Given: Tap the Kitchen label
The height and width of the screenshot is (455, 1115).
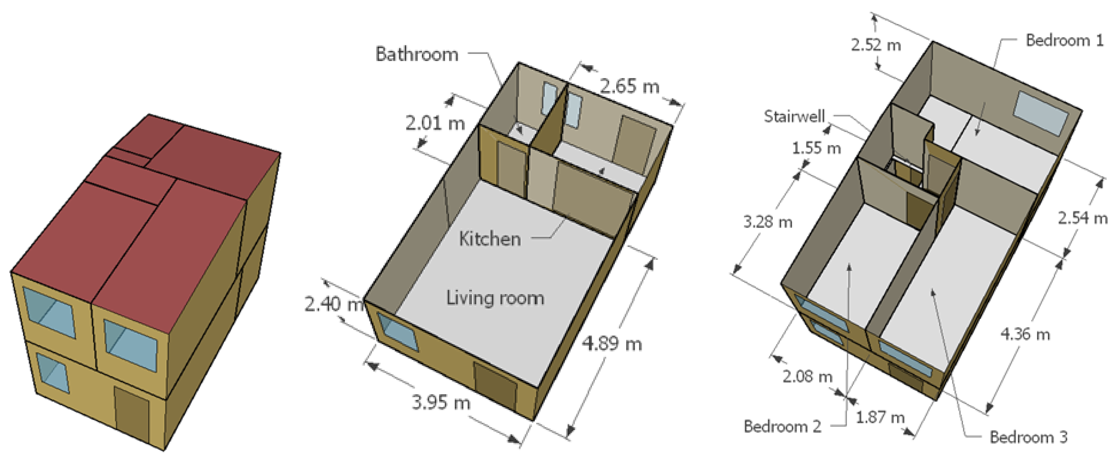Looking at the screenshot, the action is [490, 239].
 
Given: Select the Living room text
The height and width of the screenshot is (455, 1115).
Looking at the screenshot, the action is [495, 298].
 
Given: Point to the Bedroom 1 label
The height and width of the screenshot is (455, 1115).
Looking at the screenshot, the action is [1064, 40].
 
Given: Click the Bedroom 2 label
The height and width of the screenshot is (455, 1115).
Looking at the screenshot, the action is [782, 427].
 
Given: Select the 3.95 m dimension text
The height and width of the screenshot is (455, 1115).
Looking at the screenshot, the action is [441, 402].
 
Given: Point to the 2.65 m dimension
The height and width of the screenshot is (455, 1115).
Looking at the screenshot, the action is [629, 86].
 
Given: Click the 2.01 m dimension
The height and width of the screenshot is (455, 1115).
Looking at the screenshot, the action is [435, 123].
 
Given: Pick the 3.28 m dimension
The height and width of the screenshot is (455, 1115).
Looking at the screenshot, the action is [768, 222].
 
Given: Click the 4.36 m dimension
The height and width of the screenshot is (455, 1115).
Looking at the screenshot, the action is [1025, 334].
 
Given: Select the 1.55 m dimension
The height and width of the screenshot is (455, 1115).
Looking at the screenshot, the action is [816, 148].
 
